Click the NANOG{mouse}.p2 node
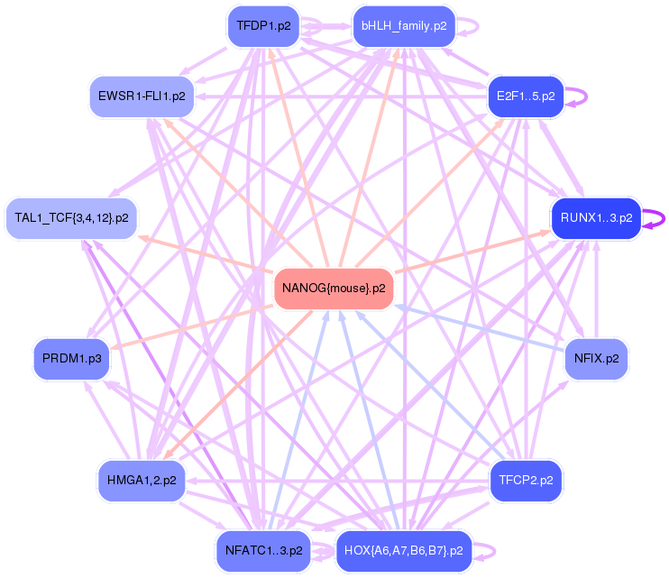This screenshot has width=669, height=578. coord(334,289)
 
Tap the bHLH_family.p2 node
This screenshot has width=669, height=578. coord(403,25)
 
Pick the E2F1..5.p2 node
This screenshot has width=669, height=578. coord(525,95)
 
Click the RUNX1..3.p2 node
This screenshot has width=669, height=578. coord(596,217)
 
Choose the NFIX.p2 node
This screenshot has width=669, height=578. coord(596,358)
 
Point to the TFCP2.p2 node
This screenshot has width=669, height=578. coord(525,480)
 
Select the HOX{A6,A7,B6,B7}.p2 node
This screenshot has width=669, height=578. coord(404,550)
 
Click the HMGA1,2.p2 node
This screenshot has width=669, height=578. coord(141,480)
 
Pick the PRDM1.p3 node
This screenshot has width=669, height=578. coord(71,358)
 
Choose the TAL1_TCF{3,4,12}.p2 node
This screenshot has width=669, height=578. coord(71,217)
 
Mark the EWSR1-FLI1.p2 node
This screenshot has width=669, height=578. coord(141,95)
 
